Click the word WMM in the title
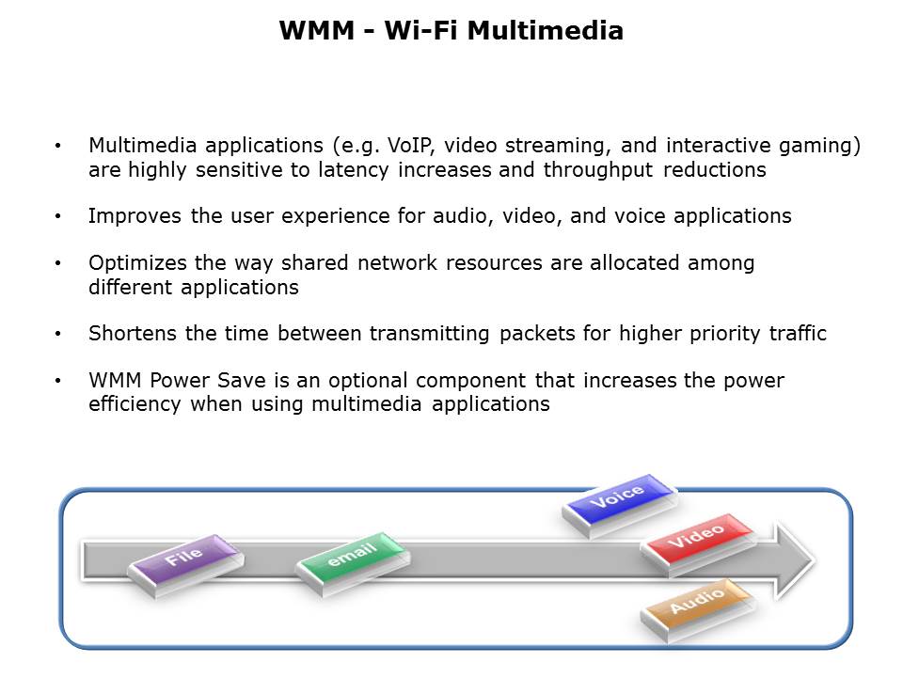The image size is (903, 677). (317, 30)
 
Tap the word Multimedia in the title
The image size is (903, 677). (546, 30)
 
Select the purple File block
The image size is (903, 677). (185, 565)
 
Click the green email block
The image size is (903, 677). (353, 563)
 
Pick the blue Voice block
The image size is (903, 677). (619, 506)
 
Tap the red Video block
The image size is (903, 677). (698, 544)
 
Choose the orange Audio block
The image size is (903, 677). (698, 610)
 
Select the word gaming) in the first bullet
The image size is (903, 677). (819, 147)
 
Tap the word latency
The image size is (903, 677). (353, 170)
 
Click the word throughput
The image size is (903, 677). (598, 170)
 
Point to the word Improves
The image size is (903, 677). (135, 216)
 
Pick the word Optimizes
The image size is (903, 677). (137, 263)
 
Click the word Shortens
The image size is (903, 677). (132, 333)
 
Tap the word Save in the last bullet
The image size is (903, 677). (242, 381)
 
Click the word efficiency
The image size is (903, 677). (135, 404)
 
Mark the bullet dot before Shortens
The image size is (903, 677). (57, 334)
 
